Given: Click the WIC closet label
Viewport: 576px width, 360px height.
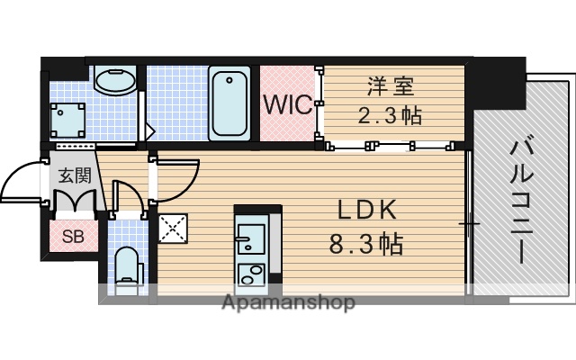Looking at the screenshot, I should pos(286,103).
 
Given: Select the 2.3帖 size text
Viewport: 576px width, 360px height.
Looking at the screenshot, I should pos(387,115).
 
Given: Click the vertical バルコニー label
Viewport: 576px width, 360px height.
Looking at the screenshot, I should pos(520,198).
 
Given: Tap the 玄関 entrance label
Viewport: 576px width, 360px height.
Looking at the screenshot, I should pos(74,175).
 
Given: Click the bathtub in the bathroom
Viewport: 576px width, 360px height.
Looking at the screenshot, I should pos(229,103).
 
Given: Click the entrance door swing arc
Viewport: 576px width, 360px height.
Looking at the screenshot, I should pos(20,180).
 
